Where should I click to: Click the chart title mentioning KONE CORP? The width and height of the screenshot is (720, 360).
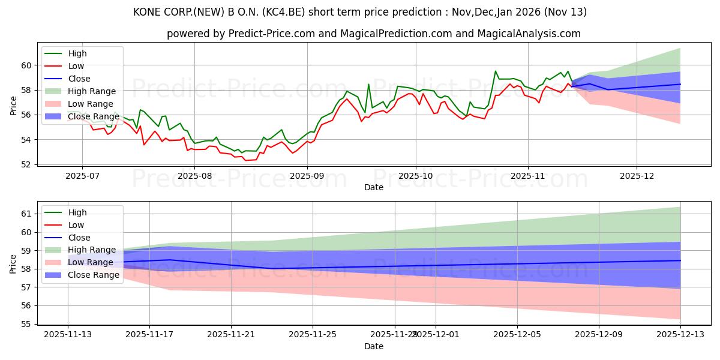[x=359, y=12]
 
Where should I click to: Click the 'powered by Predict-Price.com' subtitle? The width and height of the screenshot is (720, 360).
[x=373, y=34]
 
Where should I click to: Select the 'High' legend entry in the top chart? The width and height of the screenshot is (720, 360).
[x=77, y=53]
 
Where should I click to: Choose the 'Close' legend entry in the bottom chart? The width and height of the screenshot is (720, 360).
[x=79, y=237]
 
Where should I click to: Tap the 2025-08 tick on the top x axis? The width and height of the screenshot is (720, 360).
[x=195, y=176]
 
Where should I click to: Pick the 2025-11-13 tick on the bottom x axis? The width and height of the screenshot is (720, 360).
[x=68, y=335]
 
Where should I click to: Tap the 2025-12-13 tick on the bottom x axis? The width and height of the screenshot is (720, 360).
[x=680, y=335]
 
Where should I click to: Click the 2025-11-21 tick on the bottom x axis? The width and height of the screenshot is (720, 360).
[x=231, y=335]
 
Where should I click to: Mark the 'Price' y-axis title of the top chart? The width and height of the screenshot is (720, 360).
[x=13, y=106]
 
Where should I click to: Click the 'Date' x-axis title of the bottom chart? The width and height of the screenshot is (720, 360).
[x=373, y=347]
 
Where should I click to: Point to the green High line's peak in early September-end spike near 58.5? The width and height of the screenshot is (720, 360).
[x=368, y=84]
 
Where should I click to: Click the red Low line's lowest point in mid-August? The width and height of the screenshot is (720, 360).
[x=245, y=160]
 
